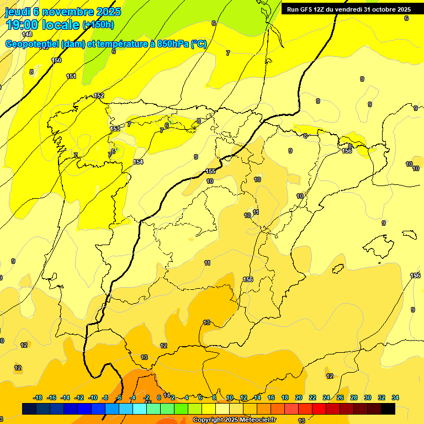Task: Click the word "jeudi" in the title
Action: pos(17,12)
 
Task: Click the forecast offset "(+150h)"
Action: pos(98,25)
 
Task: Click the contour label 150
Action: pos(56,60)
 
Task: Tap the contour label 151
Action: pos(71,76)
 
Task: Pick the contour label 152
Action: pos(99,96)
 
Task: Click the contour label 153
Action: pos(115,129)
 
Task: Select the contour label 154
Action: pos(138,162)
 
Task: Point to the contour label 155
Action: pos(210,171)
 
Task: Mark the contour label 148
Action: pos(27,34)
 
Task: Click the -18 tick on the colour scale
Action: pos(38,397)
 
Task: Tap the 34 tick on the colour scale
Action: pos(395,397)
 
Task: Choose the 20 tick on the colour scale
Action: pos(299,397)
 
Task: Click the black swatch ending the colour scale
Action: pos(388,409)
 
